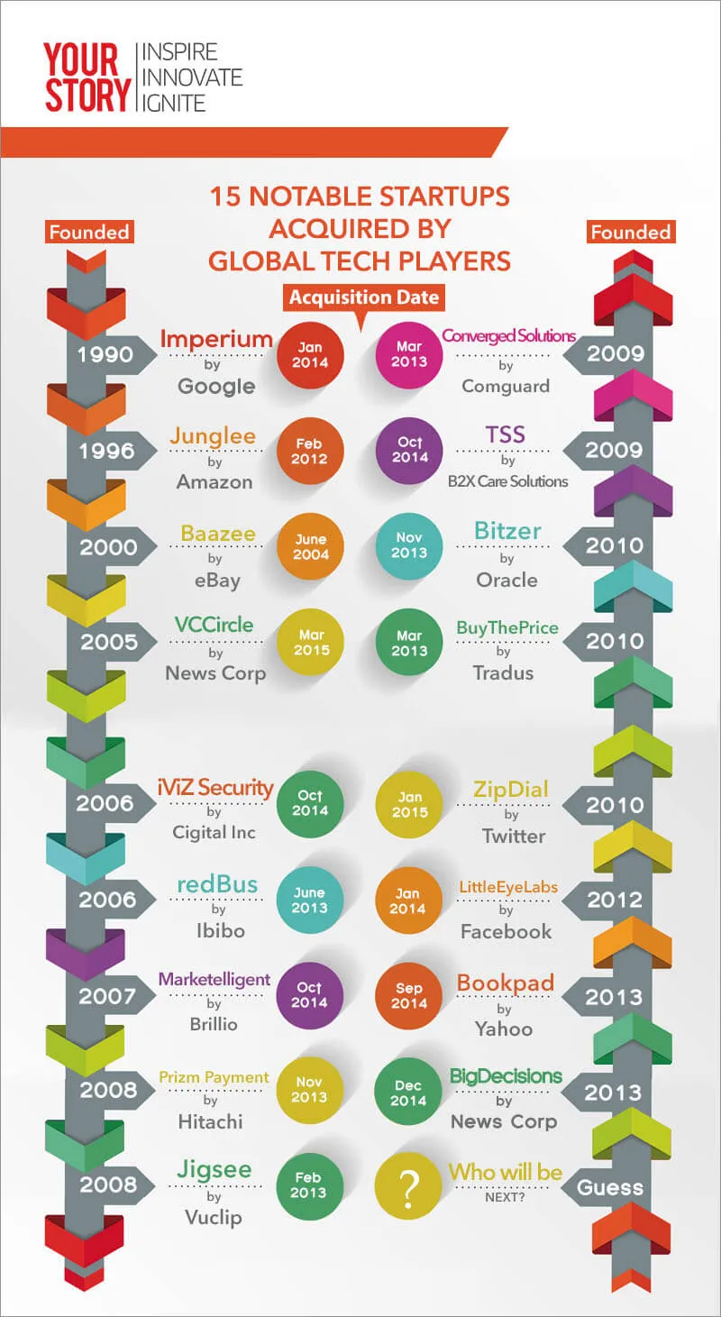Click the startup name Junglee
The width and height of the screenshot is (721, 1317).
click(213, 436)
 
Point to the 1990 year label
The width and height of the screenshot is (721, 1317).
click(105, 354)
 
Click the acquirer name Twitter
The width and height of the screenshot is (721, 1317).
click(513, 836)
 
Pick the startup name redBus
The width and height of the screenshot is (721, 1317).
click(217, 884)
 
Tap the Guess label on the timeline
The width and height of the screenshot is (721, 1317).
click(610, 1187)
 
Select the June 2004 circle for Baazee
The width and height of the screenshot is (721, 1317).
click(310, 547)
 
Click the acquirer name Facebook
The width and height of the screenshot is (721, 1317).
click(506, 932)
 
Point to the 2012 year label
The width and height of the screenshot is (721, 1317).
click(615, 900)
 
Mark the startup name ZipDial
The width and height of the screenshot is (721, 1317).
click(510, 790)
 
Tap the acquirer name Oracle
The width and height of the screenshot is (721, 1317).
click(507, 580)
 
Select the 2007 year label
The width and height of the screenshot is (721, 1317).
click(106, 996)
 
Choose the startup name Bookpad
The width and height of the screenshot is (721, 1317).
click(505, 983)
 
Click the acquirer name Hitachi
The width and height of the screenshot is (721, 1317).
click(209, 1122)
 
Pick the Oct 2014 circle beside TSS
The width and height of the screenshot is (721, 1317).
click(408, 451)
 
